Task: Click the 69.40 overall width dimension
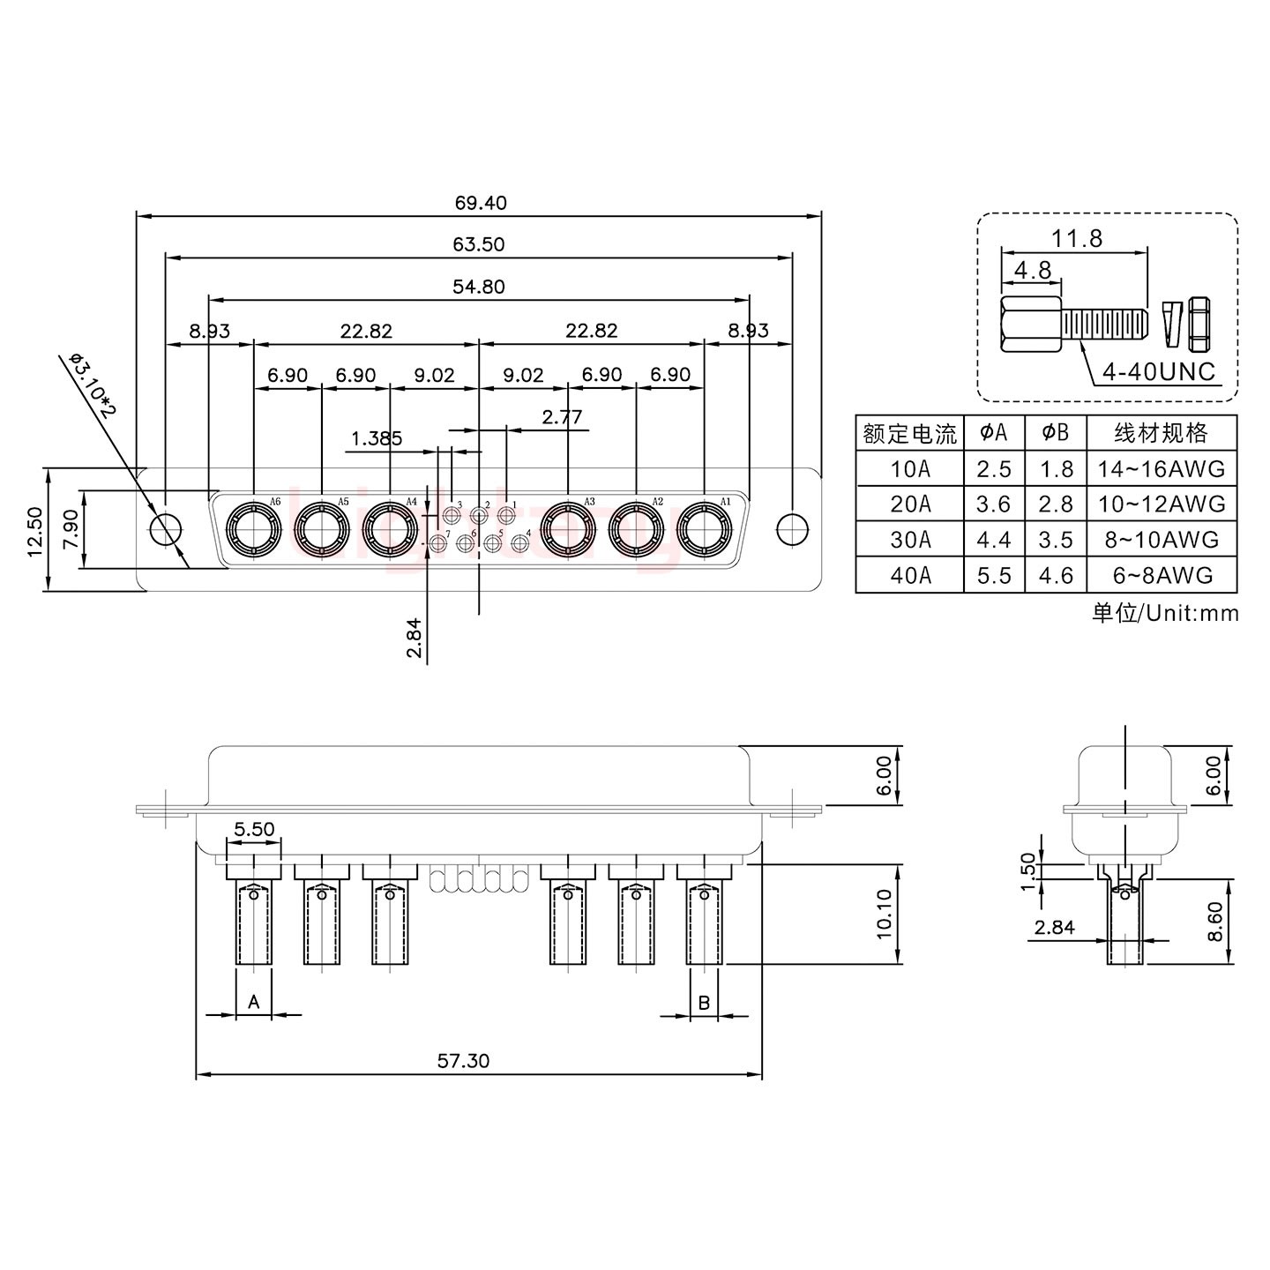coord(481,203)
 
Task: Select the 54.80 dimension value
coord(480,287)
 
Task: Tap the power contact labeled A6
coord(253,530)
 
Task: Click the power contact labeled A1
coord(704,530)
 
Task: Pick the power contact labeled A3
coord(567,530)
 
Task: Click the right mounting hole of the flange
coord(791,529)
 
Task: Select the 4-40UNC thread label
coord(1158,371)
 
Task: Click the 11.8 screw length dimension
coord(1076,238)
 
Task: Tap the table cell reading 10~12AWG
coord(1162,504)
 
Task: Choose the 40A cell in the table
coord(910,575)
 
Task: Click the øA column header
coord(994,433)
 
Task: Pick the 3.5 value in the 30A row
coord(1056,540)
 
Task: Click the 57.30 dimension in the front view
coord(463,1060)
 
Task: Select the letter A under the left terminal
coord(254,1002)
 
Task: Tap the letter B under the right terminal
coord(704,1002)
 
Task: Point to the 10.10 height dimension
coord(885,914)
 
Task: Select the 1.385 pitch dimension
coord(377,438)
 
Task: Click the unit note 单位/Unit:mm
coord(1165,613)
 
